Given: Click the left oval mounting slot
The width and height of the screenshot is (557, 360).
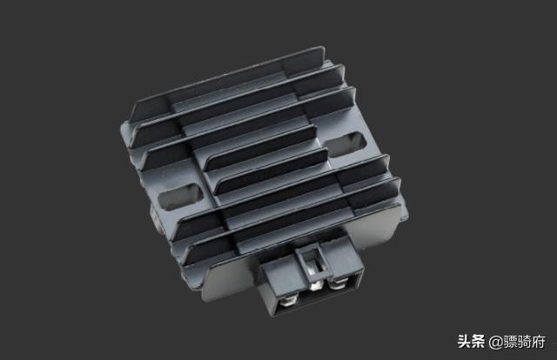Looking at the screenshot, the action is click(x=180, y=197).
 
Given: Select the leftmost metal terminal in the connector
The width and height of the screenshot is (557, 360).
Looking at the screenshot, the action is click(x=288, y=303).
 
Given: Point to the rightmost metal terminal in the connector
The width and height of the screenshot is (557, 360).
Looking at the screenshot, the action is click(x=338, y=283).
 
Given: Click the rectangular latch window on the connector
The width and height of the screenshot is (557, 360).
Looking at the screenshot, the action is click(x=313, y=261).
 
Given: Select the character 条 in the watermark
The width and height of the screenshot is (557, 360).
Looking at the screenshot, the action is click(x=478, y=342).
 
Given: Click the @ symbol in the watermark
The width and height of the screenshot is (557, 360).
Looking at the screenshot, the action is click(x=495, y=343).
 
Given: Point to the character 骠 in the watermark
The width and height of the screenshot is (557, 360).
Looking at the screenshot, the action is click(x=509, y=342).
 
